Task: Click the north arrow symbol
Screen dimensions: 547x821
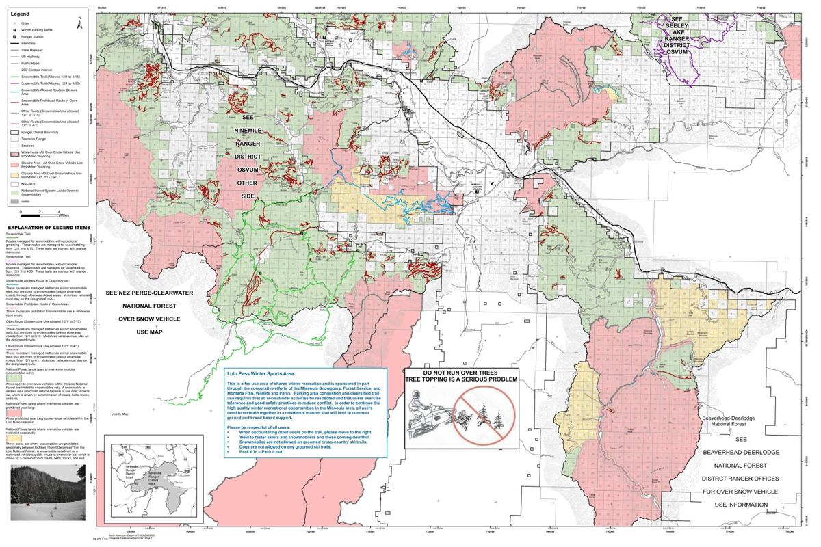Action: (x=79, y=23)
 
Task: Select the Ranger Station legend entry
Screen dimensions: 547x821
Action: (x=34, y=37)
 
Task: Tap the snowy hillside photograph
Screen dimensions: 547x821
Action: (x=47, y=491)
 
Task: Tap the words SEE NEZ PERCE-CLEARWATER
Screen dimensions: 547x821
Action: (x=150, y=293)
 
